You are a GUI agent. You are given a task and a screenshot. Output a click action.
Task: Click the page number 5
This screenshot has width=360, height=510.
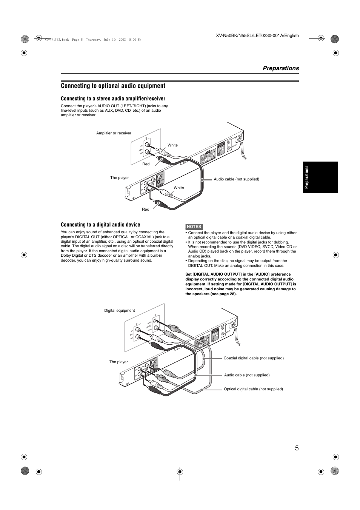point(297,448)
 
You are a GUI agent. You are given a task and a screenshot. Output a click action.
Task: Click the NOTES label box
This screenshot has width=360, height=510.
point(194,226)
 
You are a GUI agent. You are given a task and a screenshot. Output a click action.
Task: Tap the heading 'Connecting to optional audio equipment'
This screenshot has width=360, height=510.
point(113,86)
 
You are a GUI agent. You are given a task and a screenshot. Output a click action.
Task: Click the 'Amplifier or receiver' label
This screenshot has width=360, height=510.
point(114,133)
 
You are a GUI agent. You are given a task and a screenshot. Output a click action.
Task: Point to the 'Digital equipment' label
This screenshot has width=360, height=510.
point(119,311)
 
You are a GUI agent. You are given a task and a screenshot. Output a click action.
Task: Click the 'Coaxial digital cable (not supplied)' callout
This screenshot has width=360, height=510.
point(253,358)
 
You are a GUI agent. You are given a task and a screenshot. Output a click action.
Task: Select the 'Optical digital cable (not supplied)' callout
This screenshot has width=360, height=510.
point(253,389)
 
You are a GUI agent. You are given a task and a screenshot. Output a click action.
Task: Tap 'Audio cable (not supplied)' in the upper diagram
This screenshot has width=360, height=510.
point(236,179)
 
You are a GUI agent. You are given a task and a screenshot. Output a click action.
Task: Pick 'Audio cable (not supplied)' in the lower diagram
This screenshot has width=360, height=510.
point(247,375)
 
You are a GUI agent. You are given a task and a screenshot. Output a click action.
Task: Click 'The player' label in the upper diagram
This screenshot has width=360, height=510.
point(119,177)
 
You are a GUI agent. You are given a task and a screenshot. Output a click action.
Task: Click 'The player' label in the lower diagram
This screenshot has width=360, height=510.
point(118,362)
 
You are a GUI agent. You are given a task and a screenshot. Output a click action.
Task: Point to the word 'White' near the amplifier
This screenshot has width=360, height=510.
point(172,145)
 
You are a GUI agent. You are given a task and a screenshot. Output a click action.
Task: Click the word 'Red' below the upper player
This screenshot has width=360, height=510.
point(145,209)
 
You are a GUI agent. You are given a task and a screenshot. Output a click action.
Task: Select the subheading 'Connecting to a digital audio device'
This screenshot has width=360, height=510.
point(100,225)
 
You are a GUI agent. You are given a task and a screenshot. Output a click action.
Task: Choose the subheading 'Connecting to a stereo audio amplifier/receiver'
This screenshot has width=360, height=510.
point(113,99)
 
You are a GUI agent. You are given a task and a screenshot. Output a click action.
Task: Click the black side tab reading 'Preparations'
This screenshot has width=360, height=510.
point(320,177)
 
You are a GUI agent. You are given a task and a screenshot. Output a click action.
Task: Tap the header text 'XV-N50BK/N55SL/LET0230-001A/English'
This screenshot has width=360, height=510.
point(257,35)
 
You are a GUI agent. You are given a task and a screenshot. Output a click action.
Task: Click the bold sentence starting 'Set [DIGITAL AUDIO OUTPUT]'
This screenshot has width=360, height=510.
point(240,284)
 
